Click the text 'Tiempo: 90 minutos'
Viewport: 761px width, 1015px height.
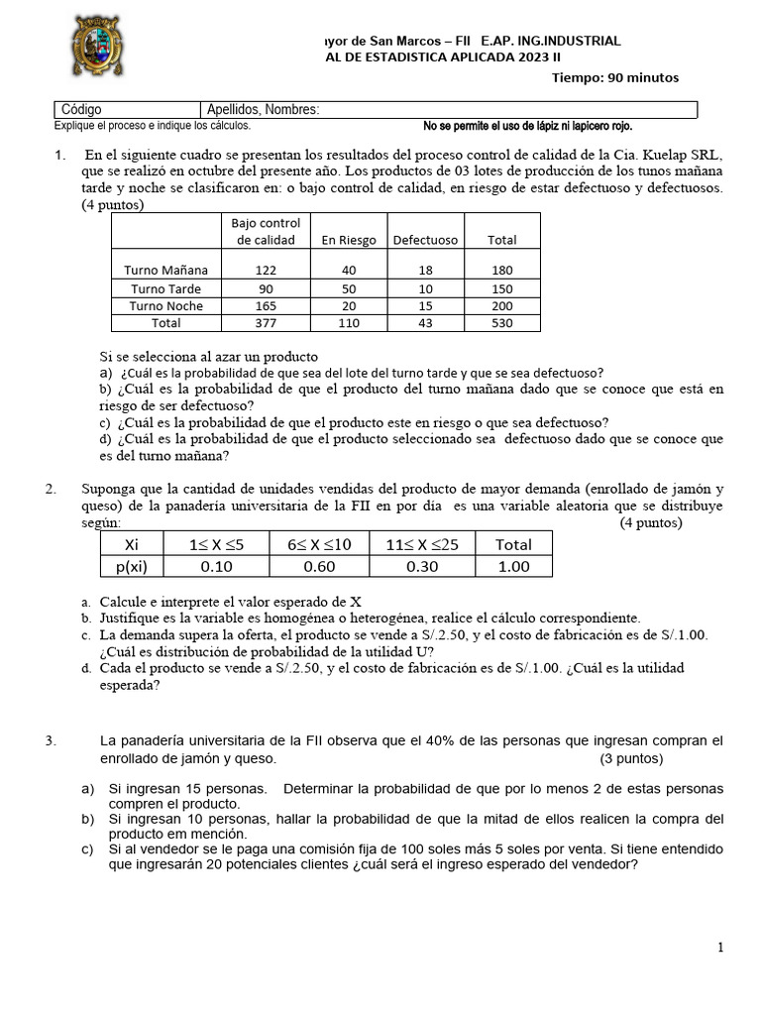click(614, 78)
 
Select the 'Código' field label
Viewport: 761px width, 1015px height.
click(81, 110)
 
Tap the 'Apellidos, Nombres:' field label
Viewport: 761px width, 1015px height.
click(264, 110)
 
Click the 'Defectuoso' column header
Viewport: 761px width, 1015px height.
click(425, 240)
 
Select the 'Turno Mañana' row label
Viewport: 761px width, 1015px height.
click(166, 270)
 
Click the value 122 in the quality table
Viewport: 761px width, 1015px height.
click(266, 270)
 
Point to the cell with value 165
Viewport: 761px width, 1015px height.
click(266, 306)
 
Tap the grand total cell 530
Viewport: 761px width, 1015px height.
click(502, 323)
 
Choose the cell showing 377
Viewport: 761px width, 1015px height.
click(266, 323)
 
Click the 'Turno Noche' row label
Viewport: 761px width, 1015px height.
click(166, 306)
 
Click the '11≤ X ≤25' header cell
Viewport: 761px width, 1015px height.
click(422, 544)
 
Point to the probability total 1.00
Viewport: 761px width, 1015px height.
click(513, 567)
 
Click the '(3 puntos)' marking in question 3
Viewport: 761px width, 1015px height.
click(631, 758)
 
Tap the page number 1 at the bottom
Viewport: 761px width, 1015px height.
click(720, 949)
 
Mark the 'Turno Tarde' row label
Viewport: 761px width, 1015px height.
click(166, 288)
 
